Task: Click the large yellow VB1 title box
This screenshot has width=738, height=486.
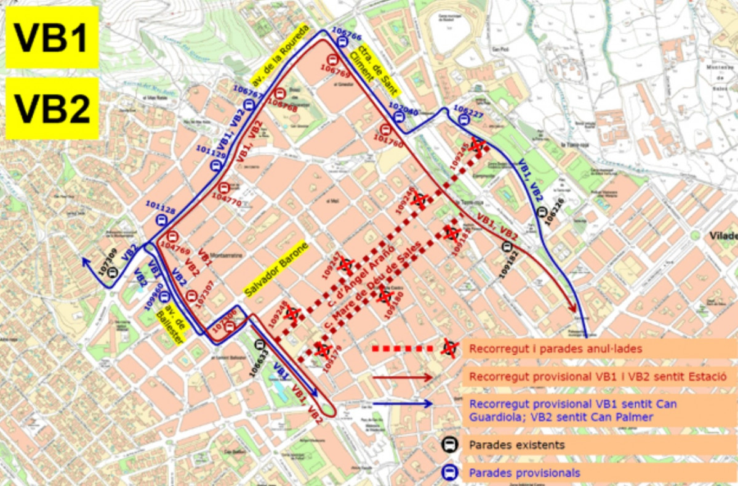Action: (52, 38)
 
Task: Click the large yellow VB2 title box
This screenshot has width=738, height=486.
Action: (52, 108)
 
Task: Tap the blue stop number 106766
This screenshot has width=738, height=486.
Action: (346, 33)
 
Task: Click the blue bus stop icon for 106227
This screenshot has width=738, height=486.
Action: (464, 121)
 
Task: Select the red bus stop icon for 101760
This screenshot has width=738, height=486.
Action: (385, 129)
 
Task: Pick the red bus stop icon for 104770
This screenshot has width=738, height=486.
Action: (223, 188)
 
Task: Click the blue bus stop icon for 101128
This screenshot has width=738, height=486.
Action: (162, 221)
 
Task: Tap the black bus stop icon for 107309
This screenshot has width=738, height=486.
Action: (112, 272)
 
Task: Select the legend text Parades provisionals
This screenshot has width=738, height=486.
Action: (524, 473)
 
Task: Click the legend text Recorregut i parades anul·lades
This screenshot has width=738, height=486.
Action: (555, 349)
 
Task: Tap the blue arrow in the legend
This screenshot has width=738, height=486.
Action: (403, 404)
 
